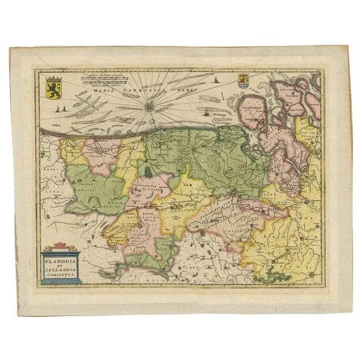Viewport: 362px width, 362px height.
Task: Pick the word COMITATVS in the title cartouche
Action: coord(61,273)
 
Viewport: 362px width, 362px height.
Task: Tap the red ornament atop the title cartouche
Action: coord(62,244)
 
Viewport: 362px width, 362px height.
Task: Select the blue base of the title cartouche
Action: coord(62,281)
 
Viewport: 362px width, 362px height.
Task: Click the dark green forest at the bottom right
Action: coord(271,277)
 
